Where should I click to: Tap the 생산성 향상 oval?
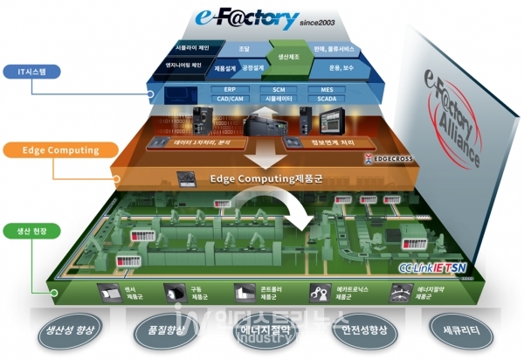tap(72, 332)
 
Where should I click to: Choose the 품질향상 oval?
tap(166, 332)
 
